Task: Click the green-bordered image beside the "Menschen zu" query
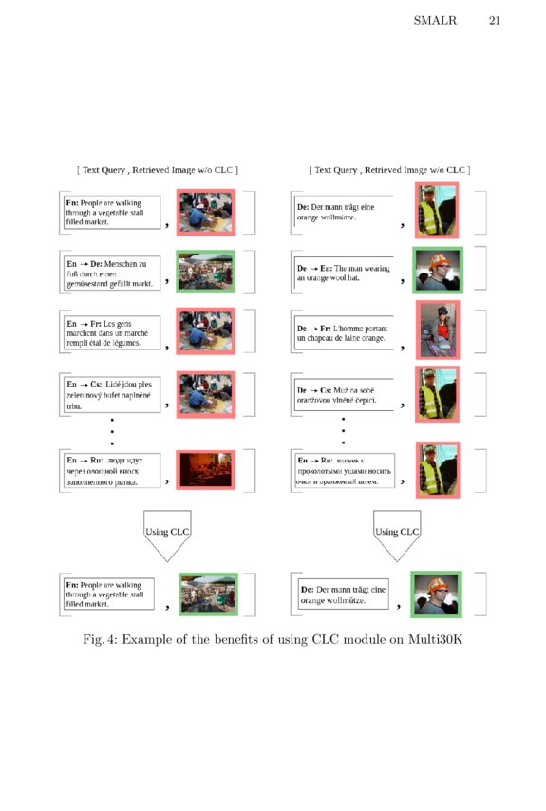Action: coord(205,271)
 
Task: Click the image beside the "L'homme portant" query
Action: coord(437,330)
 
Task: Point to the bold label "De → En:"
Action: coord(314,268)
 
